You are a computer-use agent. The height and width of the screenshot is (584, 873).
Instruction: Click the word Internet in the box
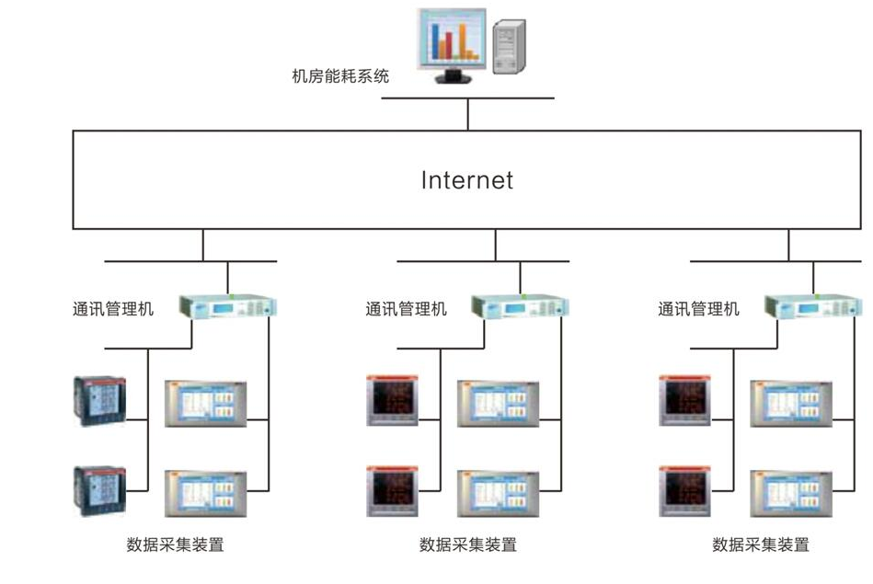(x=467, y=179)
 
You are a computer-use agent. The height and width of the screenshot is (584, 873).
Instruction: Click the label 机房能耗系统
(x=340, y=76)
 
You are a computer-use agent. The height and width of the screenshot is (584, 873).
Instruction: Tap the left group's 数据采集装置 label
(x=175, y=544)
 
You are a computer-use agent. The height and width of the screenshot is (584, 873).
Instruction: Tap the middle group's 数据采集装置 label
(x=467, y=544)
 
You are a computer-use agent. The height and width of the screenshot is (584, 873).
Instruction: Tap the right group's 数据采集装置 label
(x=761, y=544)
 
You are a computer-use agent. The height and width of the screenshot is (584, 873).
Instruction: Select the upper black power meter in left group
(x=98, y=400)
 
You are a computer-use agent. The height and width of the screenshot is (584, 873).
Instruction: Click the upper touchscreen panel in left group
(x=207, y=403)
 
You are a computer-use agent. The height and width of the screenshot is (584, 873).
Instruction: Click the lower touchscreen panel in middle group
(x=500, y=494)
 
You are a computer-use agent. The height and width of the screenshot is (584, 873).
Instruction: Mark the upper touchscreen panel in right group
(x=792, y=403)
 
